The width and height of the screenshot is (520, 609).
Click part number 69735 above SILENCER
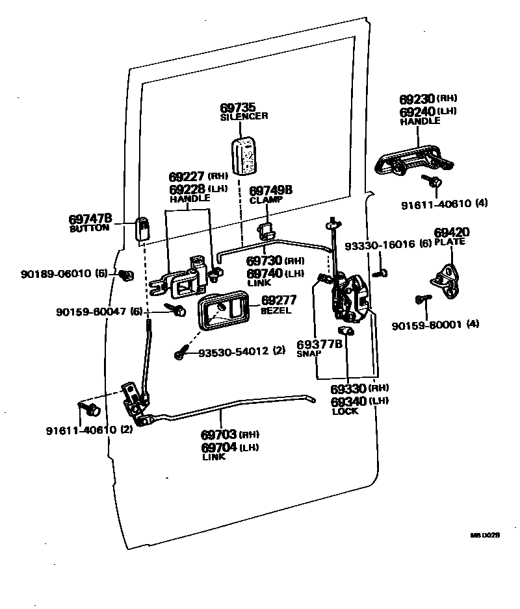(x=238, y=107)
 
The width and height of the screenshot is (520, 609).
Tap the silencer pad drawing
(x=245, y=155)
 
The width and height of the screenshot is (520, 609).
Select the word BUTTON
(x=90, y=229)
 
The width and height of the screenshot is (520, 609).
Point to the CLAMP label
(x=266, y=200)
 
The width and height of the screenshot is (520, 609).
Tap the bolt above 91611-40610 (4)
(x=432, y=181)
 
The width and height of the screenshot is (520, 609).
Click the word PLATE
(x=450, y=242)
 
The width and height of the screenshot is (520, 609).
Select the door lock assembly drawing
(x=350, y=298)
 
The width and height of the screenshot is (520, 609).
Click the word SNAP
(x=308, y=354)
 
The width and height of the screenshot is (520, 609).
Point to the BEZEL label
(x=276, y=310)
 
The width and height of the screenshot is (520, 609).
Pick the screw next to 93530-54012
(x=181, y=354)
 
